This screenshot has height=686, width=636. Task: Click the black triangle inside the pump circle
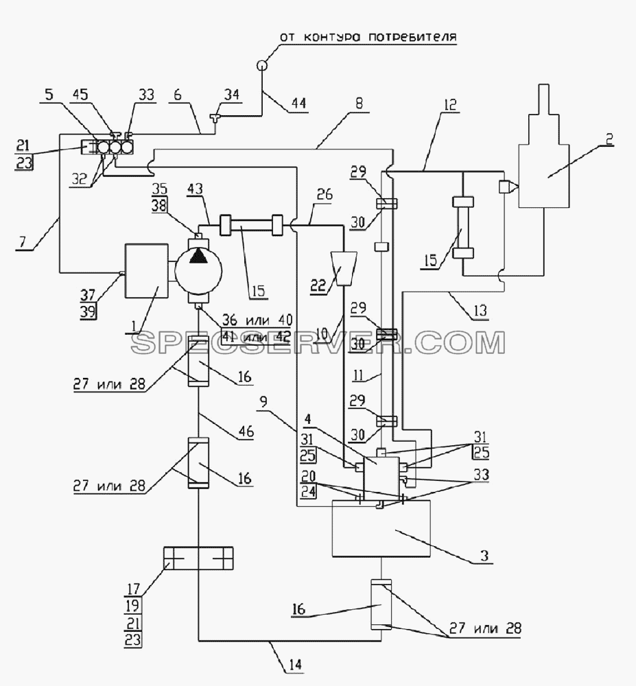click(x=198, y=256)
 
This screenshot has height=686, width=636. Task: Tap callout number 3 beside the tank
click(x=484, y=556)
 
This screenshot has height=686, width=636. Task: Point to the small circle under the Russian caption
click(x=261, y=65)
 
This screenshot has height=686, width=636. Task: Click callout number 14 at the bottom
click(x=296, y=665)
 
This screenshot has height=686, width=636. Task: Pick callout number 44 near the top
click(x=298, y=104)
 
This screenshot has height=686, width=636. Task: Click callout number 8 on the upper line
click(x=359, y=104)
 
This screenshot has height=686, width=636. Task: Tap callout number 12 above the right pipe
click(x=449, y=104)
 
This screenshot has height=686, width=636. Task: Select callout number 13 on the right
click(x=480, y=310)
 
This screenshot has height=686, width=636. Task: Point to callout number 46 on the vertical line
click(x=246, y=431)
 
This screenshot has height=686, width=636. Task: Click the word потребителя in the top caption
click(x=412, y=37)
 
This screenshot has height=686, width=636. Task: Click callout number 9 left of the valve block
click(x=263, y=402)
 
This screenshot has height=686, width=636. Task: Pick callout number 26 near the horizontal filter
click(x=324, y=194)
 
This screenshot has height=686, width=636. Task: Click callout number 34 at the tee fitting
click(x=232, y=94)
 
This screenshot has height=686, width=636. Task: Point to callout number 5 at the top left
click(x=49, y=94)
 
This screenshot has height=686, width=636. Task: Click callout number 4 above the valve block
click(x=307, y=419)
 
